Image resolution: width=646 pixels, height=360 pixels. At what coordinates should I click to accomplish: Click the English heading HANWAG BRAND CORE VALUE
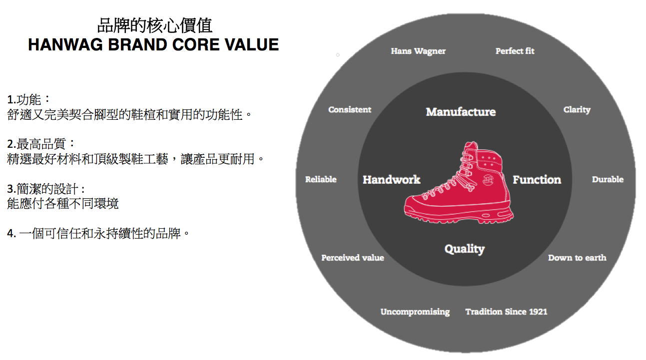(x=153, y=44)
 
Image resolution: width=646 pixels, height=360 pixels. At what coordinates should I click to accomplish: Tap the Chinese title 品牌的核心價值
(x=154, y=25)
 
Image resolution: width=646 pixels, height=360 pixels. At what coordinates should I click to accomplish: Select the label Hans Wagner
(x=418, y=51)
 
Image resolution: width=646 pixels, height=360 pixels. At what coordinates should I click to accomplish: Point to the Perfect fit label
(x=515, y=51)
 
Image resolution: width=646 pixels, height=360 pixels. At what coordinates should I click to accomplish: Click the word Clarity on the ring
(x=577, y=109)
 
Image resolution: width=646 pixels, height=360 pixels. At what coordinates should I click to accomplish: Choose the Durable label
(x=608, y=179)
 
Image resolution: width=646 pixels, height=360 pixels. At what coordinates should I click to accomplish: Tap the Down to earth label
(x=577, y=258)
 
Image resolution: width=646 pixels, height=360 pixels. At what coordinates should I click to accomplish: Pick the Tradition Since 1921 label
(x=506, y=312)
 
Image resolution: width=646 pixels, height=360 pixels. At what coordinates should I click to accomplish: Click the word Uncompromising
(x=415, y=312)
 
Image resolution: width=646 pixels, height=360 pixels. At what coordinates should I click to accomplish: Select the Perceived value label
(x=352, y=258)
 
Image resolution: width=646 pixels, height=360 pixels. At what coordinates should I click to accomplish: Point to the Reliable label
(x=321, y=179)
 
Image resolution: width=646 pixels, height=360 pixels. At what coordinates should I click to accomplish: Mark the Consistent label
(x=350, y=109)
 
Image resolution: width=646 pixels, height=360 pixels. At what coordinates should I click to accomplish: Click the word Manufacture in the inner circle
(x=461, y=112)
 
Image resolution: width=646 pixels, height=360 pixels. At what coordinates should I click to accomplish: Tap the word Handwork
(x=391, y=180)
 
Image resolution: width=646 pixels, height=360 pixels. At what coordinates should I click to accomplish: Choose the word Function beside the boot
(x=537, y=180)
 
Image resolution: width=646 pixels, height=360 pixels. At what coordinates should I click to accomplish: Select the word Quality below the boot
(x=465, y=249)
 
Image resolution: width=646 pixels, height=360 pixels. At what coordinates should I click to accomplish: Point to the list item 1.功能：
(x=29, y=99)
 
